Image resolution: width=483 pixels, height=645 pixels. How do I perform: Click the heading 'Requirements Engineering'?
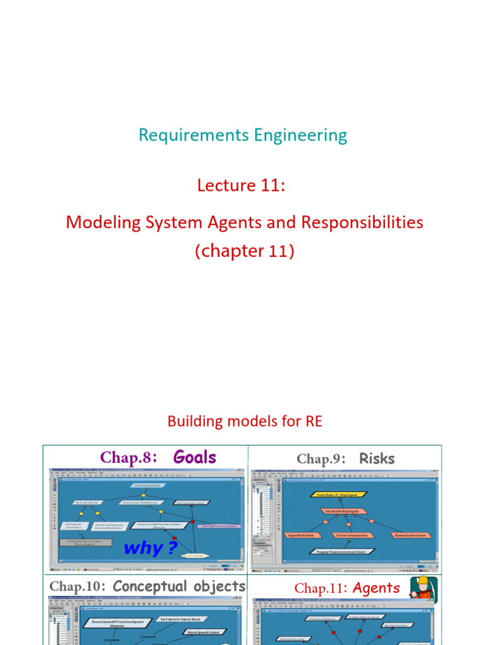pos(242,135)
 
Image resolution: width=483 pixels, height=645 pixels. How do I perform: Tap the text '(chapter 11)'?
pos(244,251)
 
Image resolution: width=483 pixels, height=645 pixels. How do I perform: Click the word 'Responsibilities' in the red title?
pos(362,222)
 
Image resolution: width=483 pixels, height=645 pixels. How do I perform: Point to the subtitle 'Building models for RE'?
pos(245,421)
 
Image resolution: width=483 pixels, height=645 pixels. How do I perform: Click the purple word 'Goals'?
pos(194,457)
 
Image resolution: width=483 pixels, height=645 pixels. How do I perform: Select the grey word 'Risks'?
pos(377,459)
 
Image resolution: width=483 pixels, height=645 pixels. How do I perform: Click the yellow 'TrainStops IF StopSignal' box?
pos(338,495)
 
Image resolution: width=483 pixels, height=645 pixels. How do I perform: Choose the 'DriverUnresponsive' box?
pos(351,535)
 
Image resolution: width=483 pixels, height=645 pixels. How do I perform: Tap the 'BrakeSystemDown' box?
pos(410,535)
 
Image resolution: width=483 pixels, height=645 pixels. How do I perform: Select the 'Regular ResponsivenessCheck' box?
pos(340,551)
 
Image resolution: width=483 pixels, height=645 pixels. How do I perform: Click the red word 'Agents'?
pos(376,588)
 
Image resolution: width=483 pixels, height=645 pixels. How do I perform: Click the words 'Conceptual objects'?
pos(179,586)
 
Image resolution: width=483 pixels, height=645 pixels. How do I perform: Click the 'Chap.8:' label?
pos(128,458)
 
